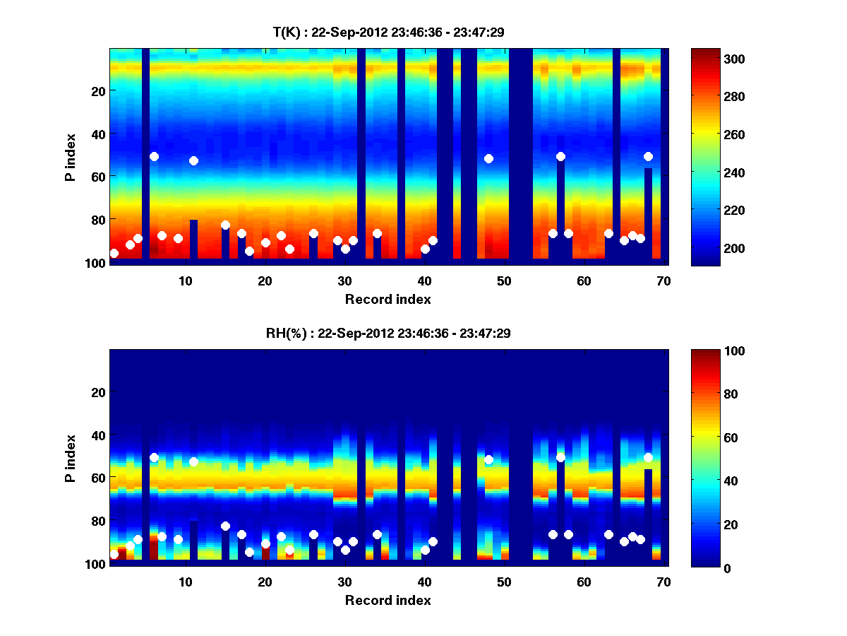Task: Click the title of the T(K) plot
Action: [x=388, y=32]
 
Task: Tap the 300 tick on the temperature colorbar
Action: [x=706, y=59]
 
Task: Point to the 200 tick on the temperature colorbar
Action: [x=706, y=248]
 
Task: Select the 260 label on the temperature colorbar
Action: [x=706, y=134]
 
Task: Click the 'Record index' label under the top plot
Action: [x=388, y=299]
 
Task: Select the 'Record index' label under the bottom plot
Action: [x=388, y=600]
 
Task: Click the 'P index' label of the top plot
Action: [x=71, y=158]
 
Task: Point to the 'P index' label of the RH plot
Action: [x=71, y=458]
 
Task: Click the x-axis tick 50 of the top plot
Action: [x=504, y=281]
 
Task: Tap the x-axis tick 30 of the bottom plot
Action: [x=345, y=582]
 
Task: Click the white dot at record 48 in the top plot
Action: [x=488, y=158]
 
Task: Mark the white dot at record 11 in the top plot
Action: [x=193, y=160]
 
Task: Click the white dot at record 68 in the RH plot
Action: [x=648, y=457]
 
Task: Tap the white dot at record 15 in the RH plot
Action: [x=225, y=526]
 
